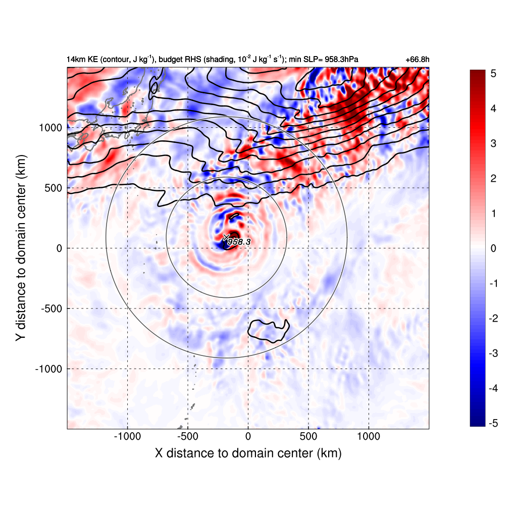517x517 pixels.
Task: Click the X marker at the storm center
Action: coord(226,237)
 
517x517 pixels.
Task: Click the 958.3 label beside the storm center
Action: coord(239,242)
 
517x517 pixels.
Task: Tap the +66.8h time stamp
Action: coord(418,60)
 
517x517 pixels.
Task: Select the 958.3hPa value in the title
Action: coord(341,60)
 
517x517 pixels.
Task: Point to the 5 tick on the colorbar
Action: coord(493,74)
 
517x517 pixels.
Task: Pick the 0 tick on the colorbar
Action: coord(493,248)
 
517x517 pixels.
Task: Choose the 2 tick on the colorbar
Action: coord(493,179)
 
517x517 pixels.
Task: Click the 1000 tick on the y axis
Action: coord(50,128)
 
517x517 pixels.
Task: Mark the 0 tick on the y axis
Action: coord(59,248)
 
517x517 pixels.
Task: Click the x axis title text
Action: coord(248,453)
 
